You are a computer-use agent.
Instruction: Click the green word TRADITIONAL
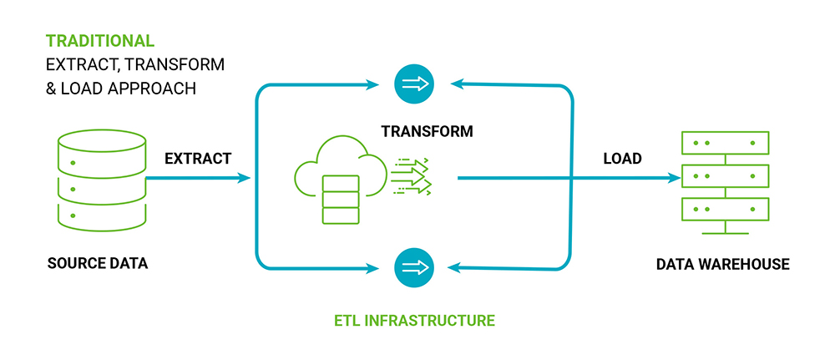click(100, 40)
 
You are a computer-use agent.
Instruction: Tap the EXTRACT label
click(197, 158)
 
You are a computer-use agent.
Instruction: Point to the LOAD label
click(622, 158)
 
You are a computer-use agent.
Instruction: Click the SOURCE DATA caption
click(98, 264)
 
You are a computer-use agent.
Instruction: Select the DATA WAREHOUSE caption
click(722, 264)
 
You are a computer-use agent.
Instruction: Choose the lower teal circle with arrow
click(414, 267)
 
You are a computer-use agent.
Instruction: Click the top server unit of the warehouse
click(724, 143)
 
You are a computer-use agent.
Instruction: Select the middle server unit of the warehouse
click(724, 175)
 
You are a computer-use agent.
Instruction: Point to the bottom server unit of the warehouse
click(724, 208)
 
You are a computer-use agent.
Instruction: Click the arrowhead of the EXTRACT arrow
click(245, 178)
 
